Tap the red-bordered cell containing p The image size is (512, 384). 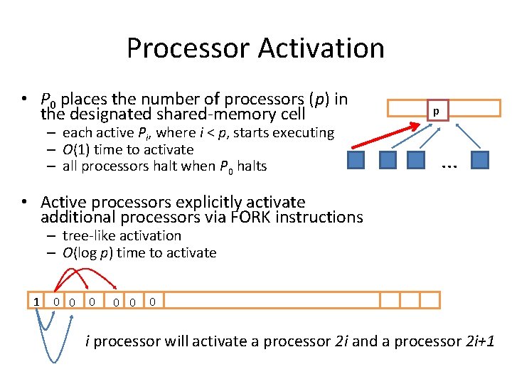pos(437,110)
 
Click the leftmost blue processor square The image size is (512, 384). pos(356,159)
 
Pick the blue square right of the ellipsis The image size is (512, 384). pos(480,159)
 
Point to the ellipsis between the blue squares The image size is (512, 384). pos(448,165)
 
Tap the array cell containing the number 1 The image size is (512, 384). pos(36,302)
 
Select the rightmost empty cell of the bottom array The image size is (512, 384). pos(430,300)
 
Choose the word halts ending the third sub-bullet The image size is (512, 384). pos(252,166)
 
